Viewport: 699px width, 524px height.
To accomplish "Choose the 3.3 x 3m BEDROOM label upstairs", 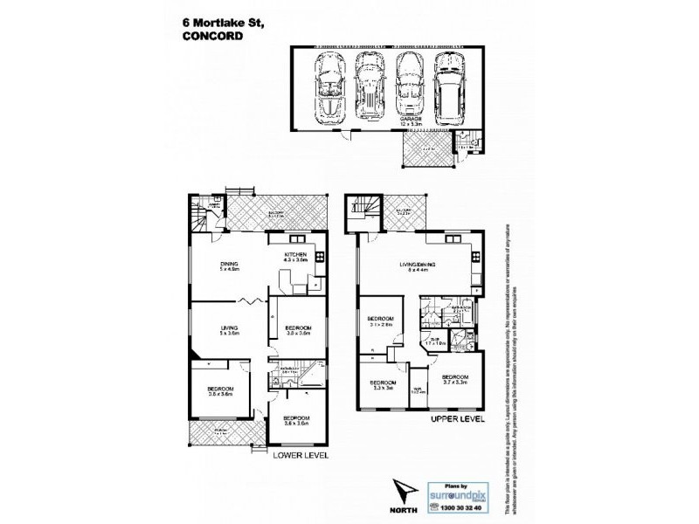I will pyautogui.click(x=383, y=385).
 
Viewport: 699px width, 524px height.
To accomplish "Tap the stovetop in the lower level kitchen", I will pyautogui.click(x=319, y=257).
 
